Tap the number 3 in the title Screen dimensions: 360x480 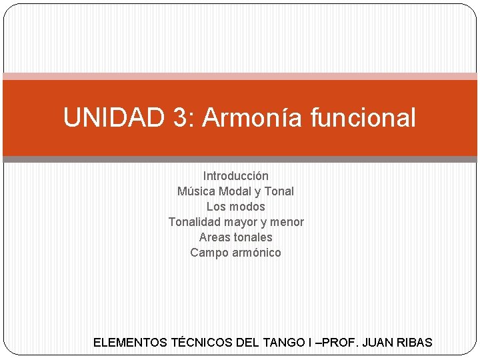point(179,118)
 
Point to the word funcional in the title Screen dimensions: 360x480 point(363,118)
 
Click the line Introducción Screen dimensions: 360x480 point(236,176)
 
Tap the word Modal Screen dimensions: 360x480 point(235,191)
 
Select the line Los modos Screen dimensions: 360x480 point(236,207)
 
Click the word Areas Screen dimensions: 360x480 point(213,237)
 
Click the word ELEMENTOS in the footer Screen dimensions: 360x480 point(130,343)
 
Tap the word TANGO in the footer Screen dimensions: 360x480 point(281,343)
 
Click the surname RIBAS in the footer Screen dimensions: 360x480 point(415,343)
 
